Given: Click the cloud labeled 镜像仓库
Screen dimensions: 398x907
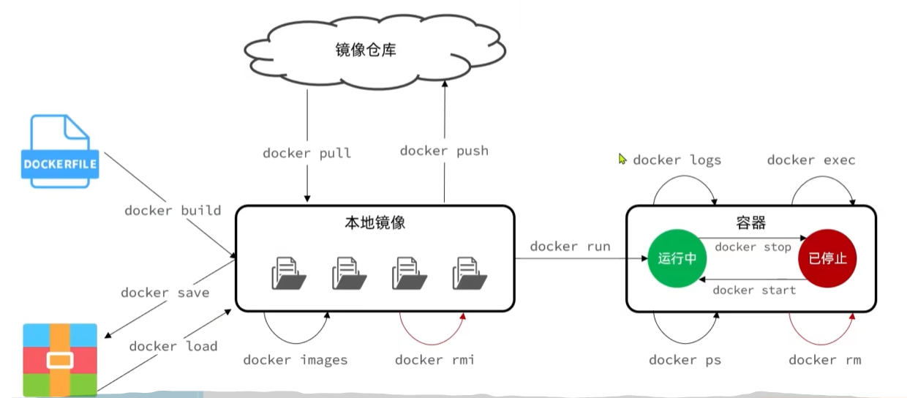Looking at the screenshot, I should (375, 50).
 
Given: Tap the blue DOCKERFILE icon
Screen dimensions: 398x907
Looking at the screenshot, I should (61, 151).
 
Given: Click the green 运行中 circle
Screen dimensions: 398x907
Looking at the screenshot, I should (677, 258).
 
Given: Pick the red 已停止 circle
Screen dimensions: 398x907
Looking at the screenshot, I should (827, 258).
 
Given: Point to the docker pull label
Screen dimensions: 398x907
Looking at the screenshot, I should (306, 153).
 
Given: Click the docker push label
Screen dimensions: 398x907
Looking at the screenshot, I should (444, 151).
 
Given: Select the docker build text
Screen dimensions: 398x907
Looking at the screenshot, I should (173, 211).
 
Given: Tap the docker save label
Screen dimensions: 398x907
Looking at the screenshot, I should (165, 293).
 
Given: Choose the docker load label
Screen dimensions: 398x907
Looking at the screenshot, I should (173, 346).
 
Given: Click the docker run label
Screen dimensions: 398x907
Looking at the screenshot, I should (570, 247).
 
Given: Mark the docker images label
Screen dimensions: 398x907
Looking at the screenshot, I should (296, 360).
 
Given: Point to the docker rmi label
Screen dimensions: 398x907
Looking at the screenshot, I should (434, 360).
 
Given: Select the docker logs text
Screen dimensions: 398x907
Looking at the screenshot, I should (677, 160).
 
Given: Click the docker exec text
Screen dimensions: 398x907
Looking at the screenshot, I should (811, 160).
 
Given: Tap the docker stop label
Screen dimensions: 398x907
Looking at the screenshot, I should (753, 247).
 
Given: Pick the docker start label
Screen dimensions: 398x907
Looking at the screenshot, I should (753, 290).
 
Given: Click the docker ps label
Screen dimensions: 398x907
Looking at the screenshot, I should (685, 360).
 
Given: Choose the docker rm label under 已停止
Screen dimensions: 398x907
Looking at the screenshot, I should (824, 360).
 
